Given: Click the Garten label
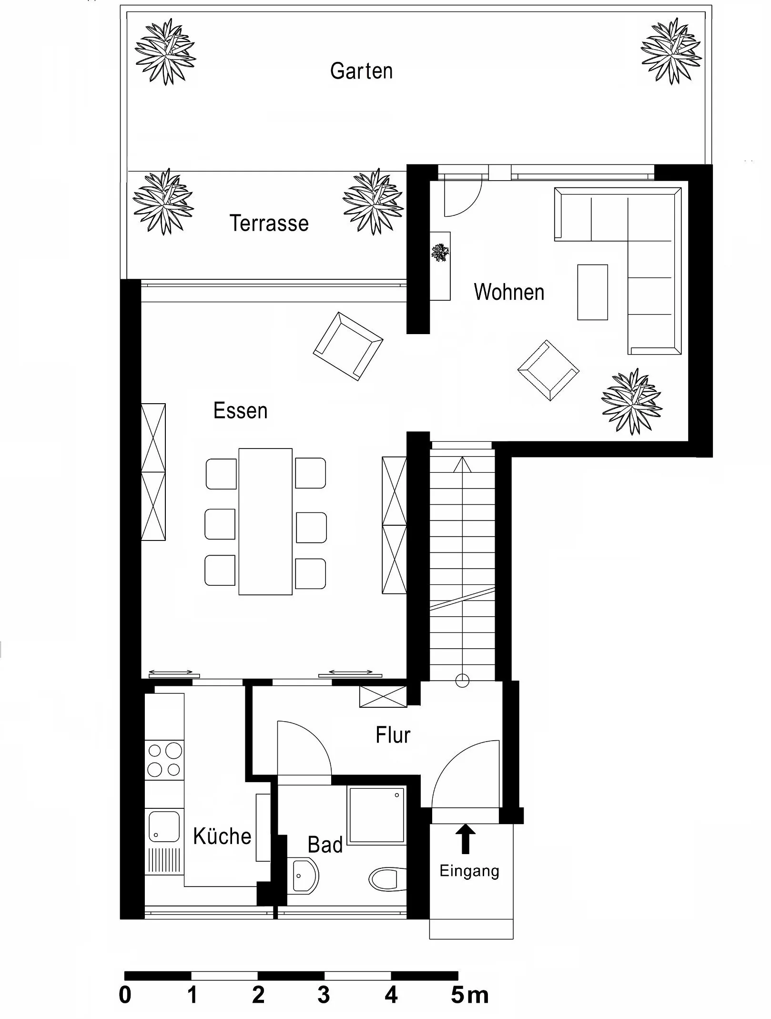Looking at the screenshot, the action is click(x=361, y=71).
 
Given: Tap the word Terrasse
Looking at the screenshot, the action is click(x=269, y=223).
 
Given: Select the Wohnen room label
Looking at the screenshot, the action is click(x=509, y=292).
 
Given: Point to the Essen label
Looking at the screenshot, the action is click(x=240, y=410).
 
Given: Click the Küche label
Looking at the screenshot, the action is click(x=222, y=836).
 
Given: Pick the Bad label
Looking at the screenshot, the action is click(x=325, y=845).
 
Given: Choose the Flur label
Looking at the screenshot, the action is click(x=393, y=735).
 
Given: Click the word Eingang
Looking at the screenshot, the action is click(x=469, y=871).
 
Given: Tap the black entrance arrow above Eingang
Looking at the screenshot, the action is click(x=466, y=839).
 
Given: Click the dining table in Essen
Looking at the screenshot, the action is click(x=265, y=521).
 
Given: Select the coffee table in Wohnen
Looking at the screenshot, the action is click(x=592, y=292).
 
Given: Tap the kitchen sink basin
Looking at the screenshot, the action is click(x=164, y=827).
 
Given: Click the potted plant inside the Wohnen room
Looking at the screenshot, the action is click(x=632, y=401).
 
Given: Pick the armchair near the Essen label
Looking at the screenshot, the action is click(x=348, y=346).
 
